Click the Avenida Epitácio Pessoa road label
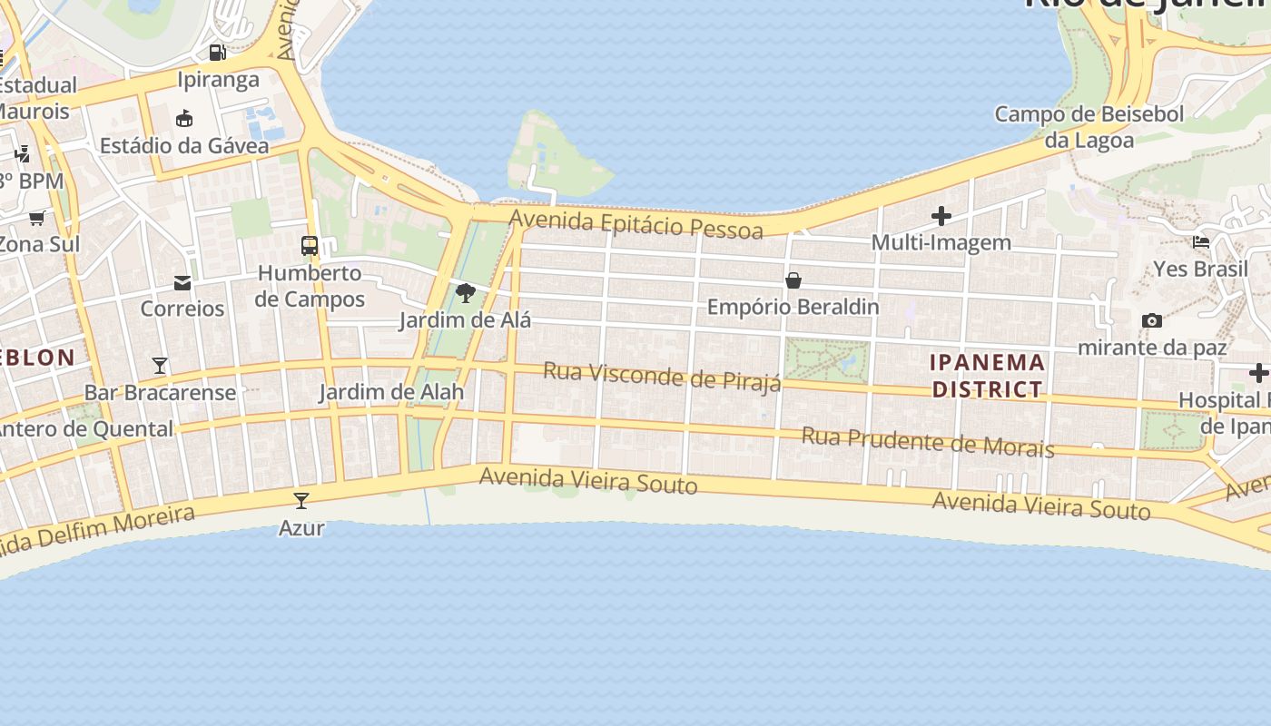pos(635,224)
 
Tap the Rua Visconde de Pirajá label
pos(662,377)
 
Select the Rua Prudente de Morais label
pos(927,442)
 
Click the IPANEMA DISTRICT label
pos(987,376)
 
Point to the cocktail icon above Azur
pos(301,500)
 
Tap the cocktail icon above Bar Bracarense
pos(160,365)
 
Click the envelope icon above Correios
pos(182,282)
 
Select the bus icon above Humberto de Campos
pos(310,246)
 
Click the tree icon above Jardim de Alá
pos(466,292)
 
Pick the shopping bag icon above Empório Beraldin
pos(793,280)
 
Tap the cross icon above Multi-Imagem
pos(941,216)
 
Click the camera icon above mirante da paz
pos(1152,320)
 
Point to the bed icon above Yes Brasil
pos(1201,242)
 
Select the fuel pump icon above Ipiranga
pos(217,53)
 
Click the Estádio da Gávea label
pos(184,146)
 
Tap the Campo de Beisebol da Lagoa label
pos(1089,127)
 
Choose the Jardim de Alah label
pos(391,392)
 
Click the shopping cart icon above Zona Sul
pos(37,217)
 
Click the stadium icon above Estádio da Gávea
pos(184,118)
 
